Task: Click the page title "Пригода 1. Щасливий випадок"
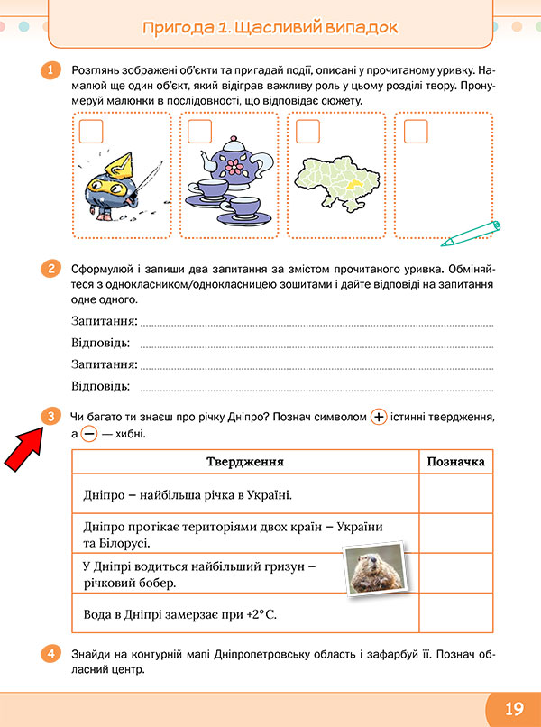point(270,28)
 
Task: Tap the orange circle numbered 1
point(51,69)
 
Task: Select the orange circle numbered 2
point(51,268)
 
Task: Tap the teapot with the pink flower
point(237,162)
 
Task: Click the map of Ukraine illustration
point(339,179)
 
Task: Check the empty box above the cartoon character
point(91,132)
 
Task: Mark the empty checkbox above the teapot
point(199,132)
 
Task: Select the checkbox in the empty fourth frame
point(416,132)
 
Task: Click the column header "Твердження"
point(245,462)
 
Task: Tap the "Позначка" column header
point(455,462)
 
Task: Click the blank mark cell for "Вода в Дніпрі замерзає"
point(455,615)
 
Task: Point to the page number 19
point(514,708)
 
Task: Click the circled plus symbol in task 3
point(379,418)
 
